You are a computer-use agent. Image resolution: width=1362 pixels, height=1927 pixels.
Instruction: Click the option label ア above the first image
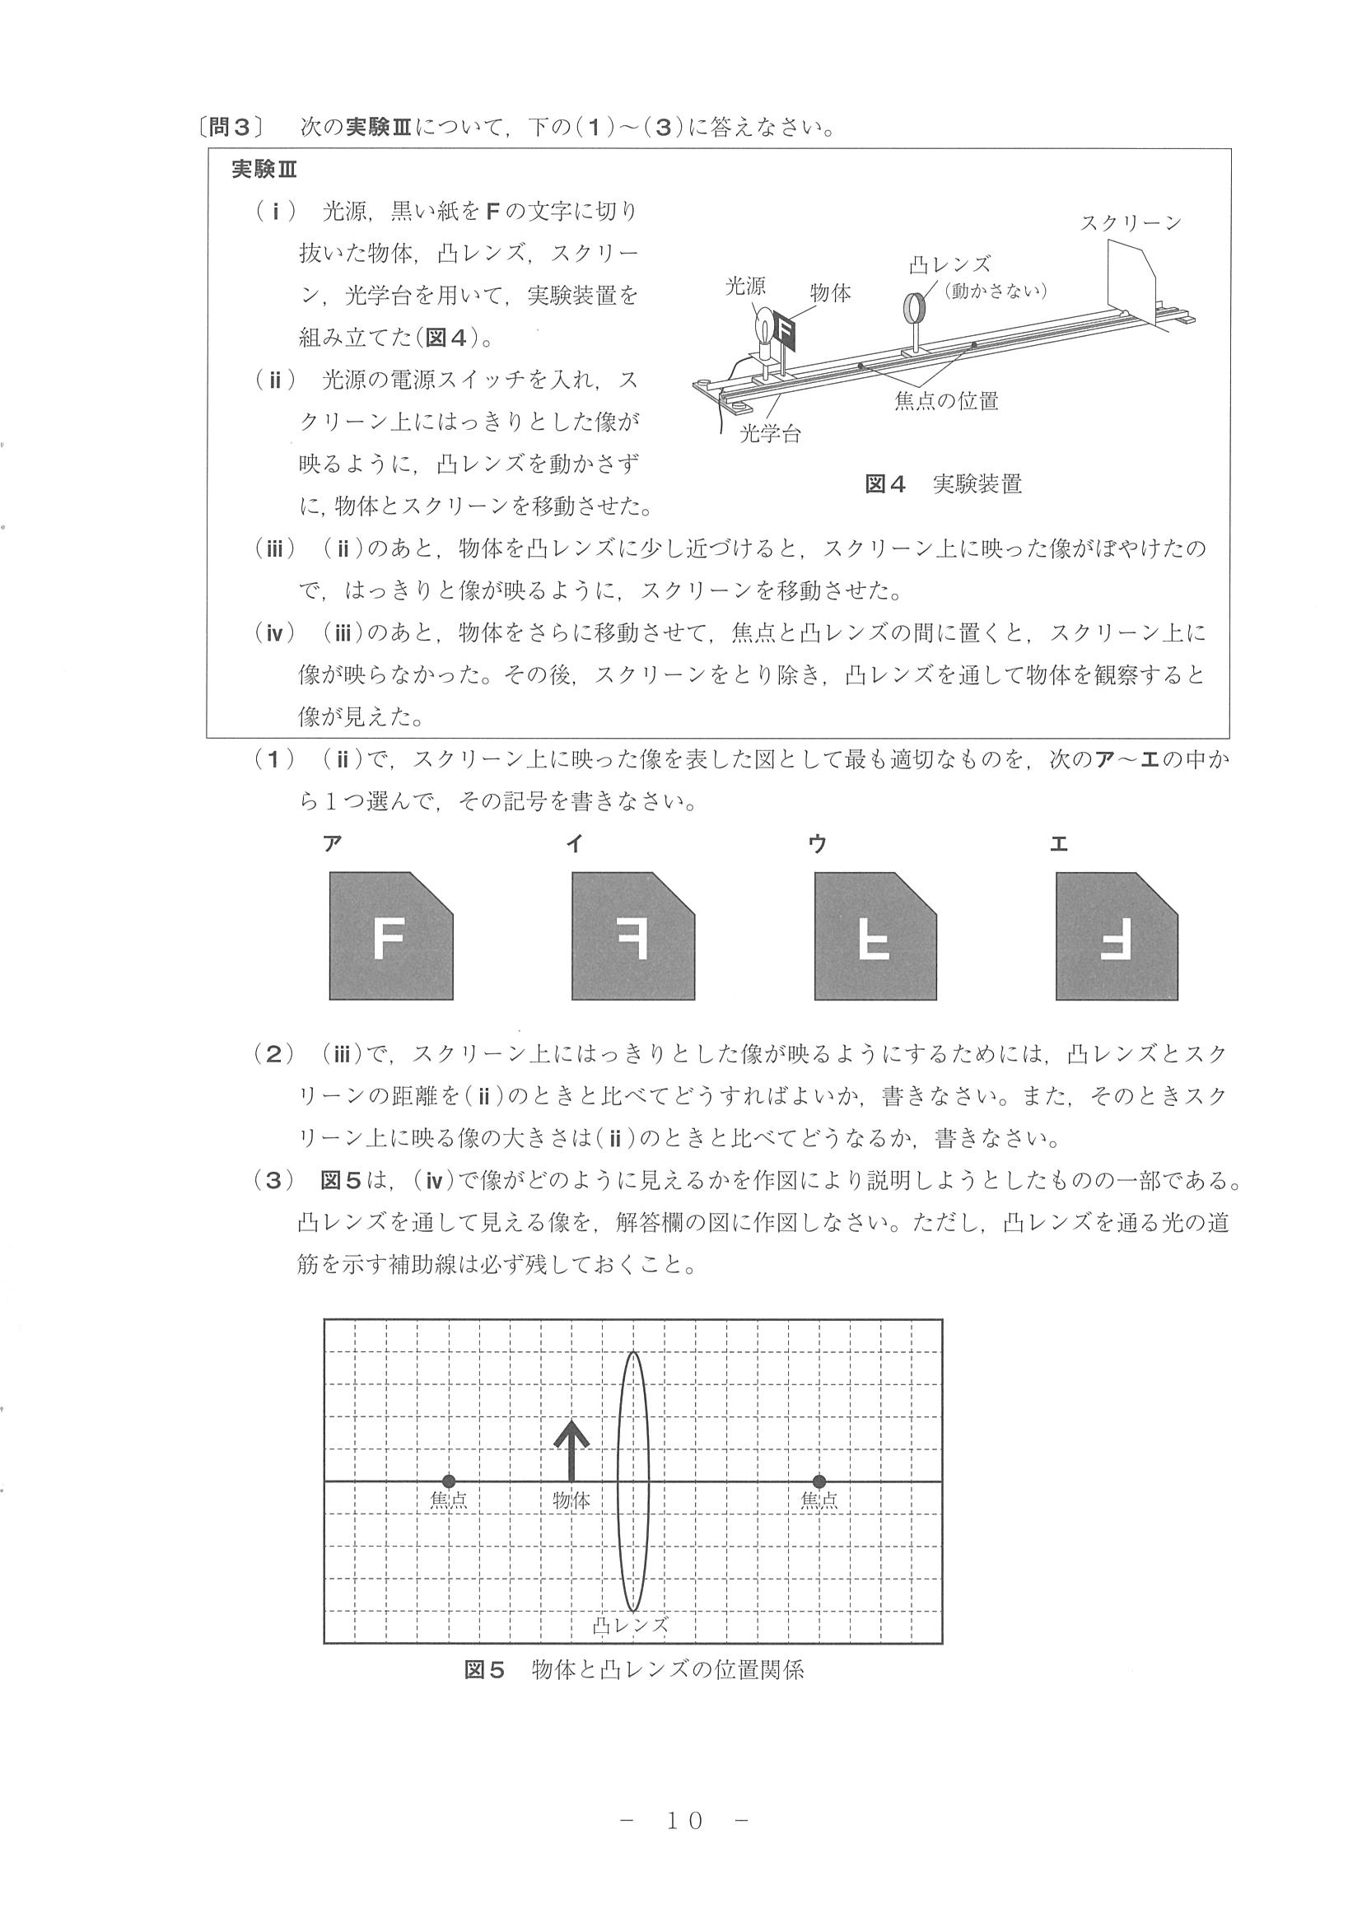click(x=333, y=844)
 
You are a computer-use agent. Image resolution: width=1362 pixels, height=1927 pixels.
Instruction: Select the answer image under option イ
click(x=632, y=936)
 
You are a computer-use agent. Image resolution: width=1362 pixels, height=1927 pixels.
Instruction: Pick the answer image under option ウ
click(x=875, y=936)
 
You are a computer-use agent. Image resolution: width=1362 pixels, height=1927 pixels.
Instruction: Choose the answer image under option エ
click(x=1116, y=936)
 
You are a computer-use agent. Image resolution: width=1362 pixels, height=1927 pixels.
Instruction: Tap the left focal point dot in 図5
click(x=449, y=1481)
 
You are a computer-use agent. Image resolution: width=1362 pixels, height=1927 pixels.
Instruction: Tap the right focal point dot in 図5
click(x=819, y=1481)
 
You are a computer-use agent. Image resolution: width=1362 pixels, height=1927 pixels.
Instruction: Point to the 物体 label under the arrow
click(x=571, y=1500)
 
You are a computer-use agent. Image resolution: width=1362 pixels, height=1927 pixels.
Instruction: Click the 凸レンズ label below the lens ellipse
click(x=630, y=1625)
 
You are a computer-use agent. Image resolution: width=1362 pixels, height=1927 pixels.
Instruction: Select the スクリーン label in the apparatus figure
click(x=1131, y=223)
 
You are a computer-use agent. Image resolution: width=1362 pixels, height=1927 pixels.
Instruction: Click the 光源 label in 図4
click(x=745, y=287)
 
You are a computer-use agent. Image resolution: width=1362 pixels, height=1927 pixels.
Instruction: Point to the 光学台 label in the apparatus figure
click(x=770, y=434)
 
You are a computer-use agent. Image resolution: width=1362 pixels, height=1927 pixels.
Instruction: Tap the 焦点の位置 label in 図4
click(x=947, y=401)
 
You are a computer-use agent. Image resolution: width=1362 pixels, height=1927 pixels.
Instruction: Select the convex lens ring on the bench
click(x=913, y=306)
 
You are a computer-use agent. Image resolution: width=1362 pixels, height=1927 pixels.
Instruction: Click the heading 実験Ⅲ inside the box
click(x=264, y=170)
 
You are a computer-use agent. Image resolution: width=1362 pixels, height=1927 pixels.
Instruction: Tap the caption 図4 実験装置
click(x=943, y=484)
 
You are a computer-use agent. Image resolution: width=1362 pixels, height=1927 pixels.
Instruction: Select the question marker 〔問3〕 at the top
click(x=228, y=128)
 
